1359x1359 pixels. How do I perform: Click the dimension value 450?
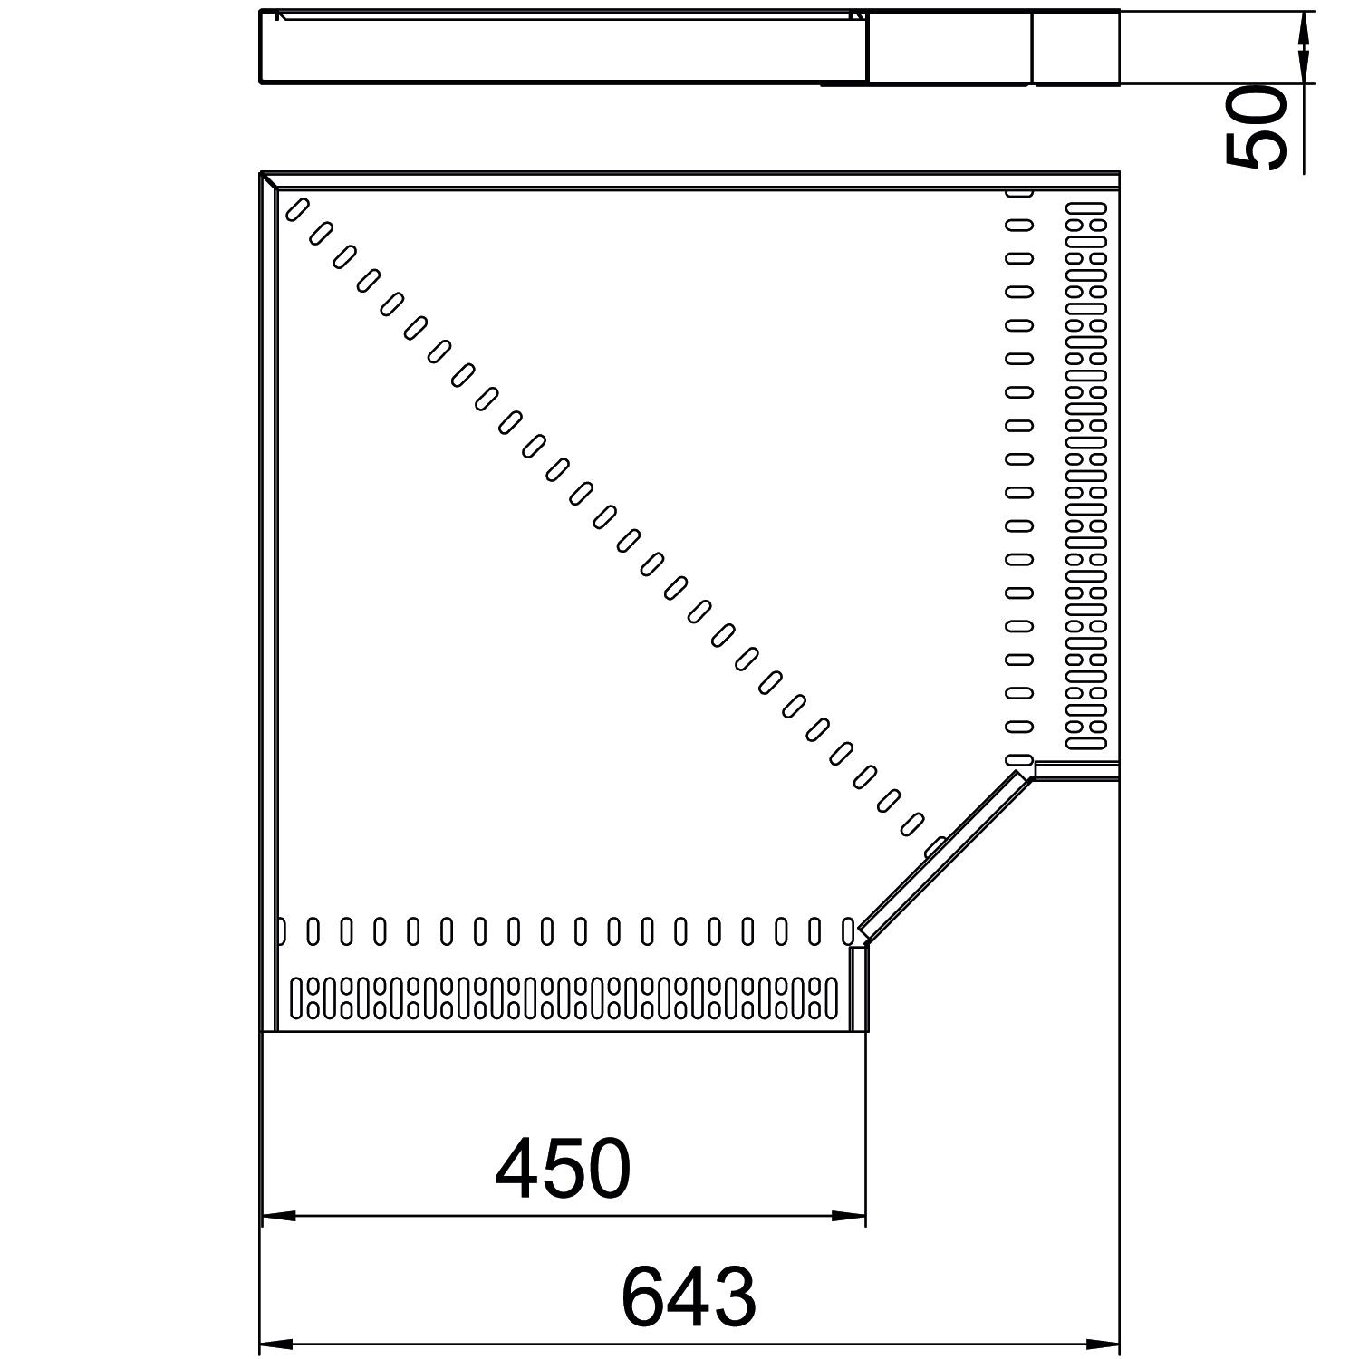point(563,1169)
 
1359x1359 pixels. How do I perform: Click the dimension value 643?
point(689,1297)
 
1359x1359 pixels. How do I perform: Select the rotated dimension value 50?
point(1256,128)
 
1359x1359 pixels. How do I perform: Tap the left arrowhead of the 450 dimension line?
point(278,1216)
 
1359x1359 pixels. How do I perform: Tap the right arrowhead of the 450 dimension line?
point(849,1216)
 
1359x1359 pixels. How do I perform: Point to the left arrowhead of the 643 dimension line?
point(278,1344)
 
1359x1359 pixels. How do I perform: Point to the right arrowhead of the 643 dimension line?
point(1103,1344)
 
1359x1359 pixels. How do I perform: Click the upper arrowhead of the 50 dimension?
point(1304,29)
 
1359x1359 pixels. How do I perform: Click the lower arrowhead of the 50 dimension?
point(1304,66)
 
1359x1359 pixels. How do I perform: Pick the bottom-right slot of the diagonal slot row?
point(911,824)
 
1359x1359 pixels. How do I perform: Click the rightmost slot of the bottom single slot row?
point(848,930)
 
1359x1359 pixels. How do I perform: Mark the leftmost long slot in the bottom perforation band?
point(296,997)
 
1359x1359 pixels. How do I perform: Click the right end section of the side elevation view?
point(1076,47)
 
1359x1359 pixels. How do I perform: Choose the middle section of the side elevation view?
point(949,47)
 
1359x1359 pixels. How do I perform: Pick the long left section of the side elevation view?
point(564,47)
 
